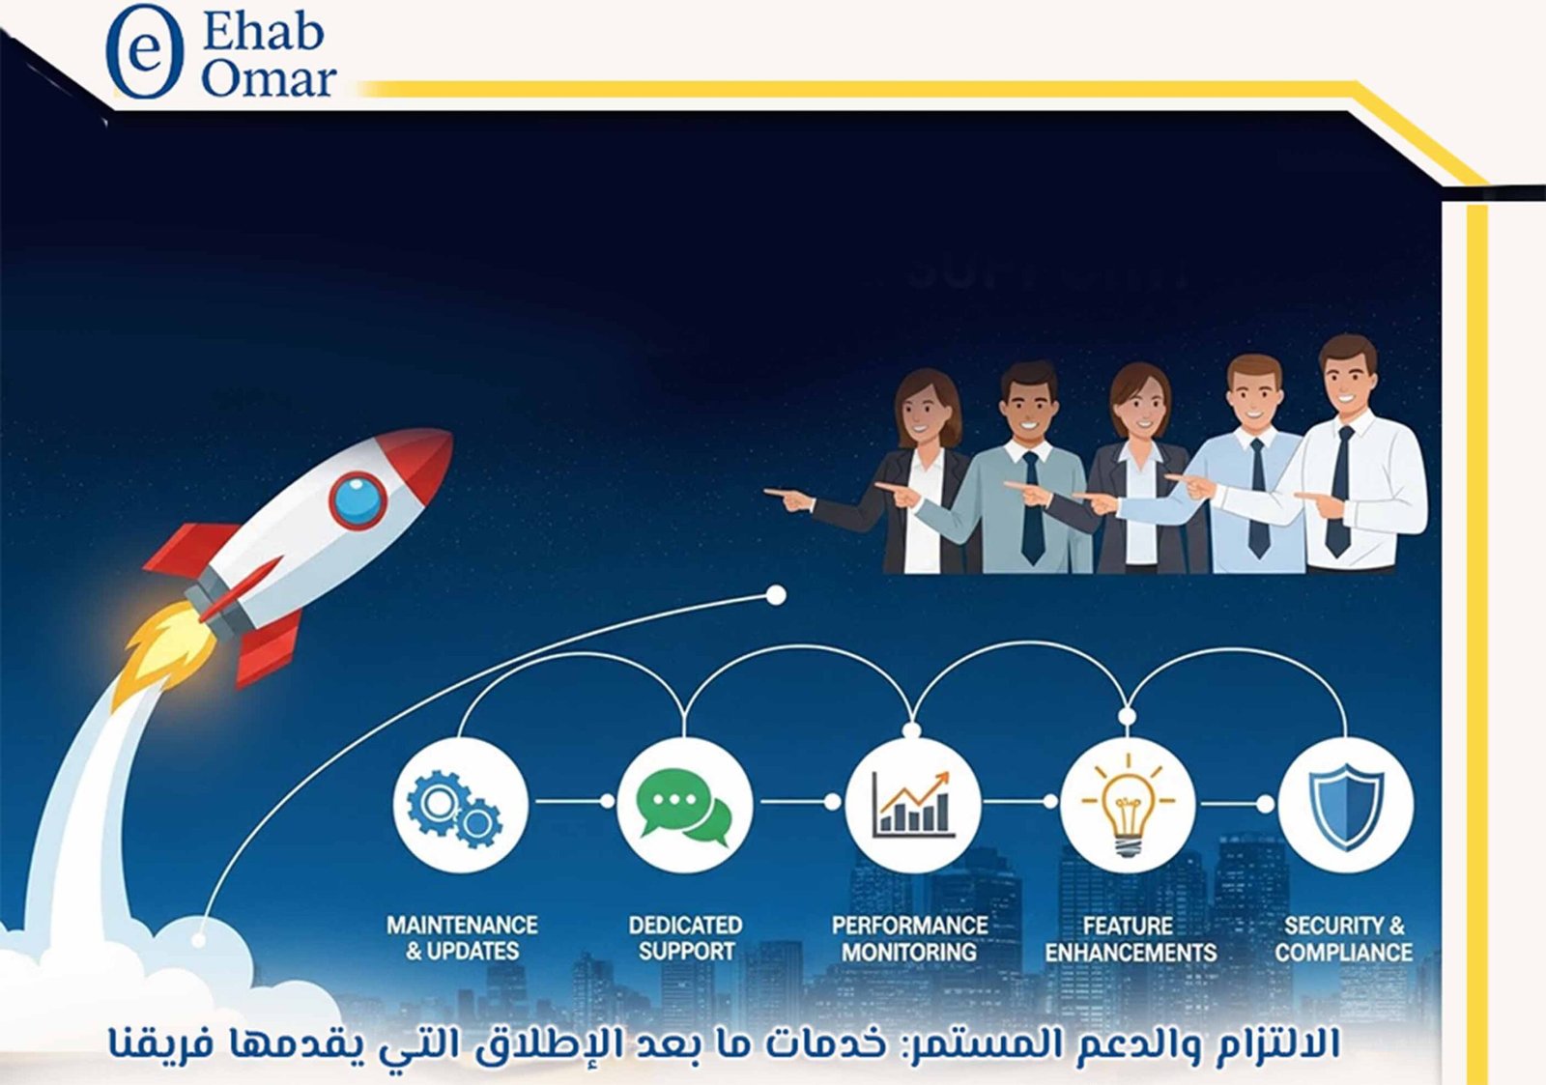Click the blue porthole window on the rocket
tap(358, 500)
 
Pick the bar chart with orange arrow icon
tap(911, 804)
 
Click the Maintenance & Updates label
tap(462, 938)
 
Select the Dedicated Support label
tap(685, 938)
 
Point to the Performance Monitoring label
tap(909, 938)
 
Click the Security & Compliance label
tap(1343, 938)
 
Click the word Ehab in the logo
tap(262, 33)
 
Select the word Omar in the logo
tap(268, 79)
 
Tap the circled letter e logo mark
tap(144, 51)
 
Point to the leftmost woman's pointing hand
tap(788, 499)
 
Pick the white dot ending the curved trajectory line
tap(775, 595)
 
